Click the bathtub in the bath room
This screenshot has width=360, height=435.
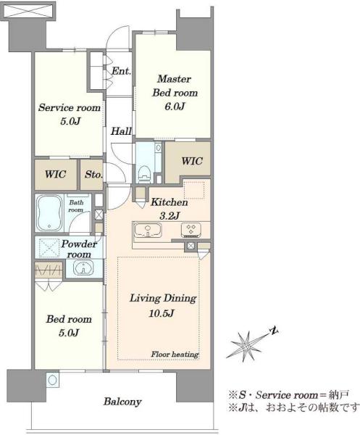pos(50,212)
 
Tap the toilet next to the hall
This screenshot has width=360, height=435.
pos(144,174)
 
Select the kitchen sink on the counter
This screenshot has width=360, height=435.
pos(148,231)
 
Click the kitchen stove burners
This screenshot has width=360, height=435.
pos(191,231)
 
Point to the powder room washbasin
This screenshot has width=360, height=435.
pos(83,268)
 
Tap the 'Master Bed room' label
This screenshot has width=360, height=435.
pos(175,86)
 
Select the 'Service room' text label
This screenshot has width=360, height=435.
pos(70,107)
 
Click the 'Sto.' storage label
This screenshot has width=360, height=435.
pos(93,175)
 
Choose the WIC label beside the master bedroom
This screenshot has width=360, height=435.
pos(192,161)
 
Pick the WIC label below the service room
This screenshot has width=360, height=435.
pos(56,175)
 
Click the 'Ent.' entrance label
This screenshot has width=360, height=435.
pos(121,71)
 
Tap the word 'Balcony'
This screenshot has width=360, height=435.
pos(122,402)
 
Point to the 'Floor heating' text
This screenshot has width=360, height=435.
pos(175,355)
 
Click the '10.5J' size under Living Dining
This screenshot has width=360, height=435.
pos(162,313)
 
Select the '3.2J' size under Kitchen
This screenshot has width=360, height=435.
pos(169,215)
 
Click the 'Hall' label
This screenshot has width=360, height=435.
pos(121,131)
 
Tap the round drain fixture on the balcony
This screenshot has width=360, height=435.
pos(52,379)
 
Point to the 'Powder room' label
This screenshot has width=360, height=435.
pos(79,249)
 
